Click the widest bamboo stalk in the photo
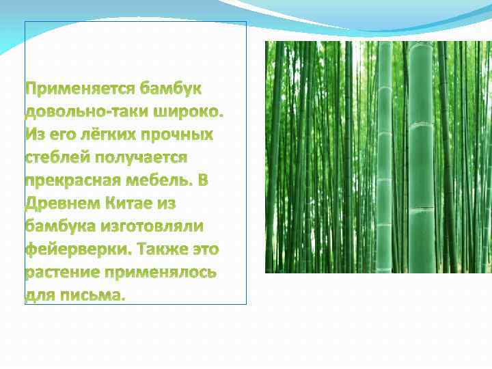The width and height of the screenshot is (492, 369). point(421,157)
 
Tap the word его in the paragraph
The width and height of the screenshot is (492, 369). point(61,135)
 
